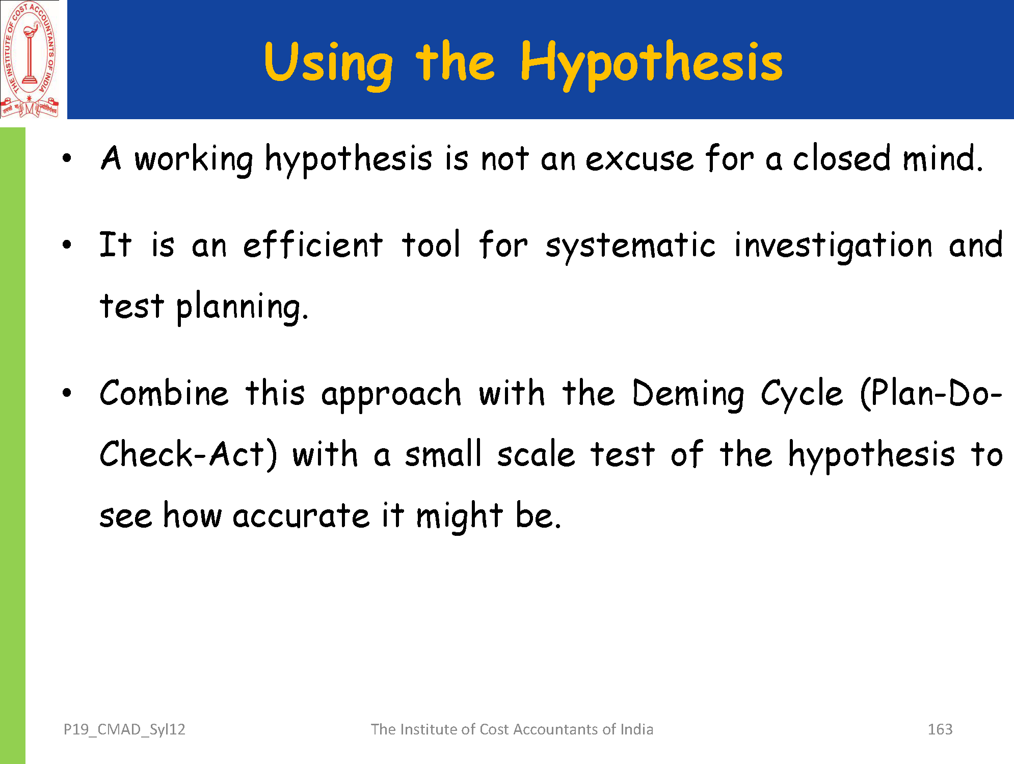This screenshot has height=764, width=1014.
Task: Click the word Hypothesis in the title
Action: (651, 64)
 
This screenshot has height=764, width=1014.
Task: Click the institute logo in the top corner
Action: (30, 60)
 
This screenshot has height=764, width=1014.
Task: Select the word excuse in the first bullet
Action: (639, 159)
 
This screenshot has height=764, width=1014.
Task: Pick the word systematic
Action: (631, 247)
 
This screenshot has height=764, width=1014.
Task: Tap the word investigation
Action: (834, 247)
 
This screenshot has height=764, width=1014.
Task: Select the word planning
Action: (242, 308)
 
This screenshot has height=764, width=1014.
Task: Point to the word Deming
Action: (688, 395)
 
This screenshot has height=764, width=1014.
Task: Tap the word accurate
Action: (301, 515)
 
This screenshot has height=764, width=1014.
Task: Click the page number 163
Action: (940, 729)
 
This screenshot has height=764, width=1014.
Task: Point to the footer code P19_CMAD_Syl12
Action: (124, 730)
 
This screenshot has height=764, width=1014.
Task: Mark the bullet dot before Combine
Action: (67, 393)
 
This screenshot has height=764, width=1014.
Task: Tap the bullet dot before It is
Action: (67, 245)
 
